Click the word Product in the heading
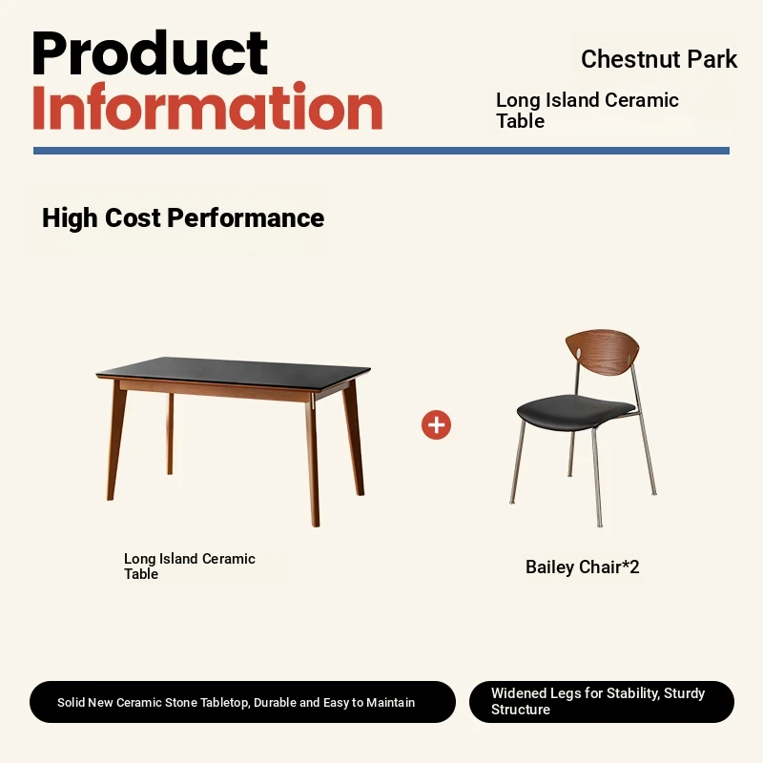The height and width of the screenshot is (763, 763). click(x=150, y=52)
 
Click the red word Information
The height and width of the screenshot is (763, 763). click(x=208, y=107)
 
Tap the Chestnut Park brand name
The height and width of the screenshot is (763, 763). click(x=659, y=59)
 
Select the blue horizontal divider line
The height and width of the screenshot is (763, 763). click(x=381, y=151)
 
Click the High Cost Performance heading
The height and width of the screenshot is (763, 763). click(x=183, y=217)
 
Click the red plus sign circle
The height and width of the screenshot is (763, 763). click(x=436, y=424)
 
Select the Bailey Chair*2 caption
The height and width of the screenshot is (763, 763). click(x=582, y=567)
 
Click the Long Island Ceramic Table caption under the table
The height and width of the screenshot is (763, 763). click(x=189, y=566)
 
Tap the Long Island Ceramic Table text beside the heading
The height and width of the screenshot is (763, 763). click(x=587, y=111)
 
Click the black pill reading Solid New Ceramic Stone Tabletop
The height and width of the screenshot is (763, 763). click(x=242, y=702)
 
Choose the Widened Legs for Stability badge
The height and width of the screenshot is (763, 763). click(x=602, y=701)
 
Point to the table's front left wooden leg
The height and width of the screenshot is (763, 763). click(x=116, y=441)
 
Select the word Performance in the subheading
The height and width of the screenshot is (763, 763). click(x=246, y=217)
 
